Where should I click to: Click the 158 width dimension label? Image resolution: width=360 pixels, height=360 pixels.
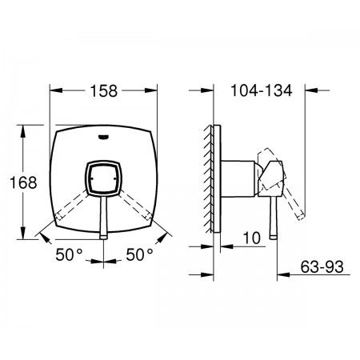104,90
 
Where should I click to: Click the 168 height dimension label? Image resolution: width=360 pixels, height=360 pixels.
23,182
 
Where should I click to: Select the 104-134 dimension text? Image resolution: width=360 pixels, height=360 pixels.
262,90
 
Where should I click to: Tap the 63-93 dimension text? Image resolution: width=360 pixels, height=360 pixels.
322,266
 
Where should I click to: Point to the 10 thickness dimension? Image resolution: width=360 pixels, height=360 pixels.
252,238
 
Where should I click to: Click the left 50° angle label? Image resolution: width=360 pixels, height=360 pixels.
70,254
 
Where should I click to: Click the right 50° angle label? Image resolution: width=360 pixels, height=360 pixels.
139,254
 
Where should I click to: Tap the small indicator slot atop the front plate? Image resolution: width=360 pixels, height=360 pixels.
103,137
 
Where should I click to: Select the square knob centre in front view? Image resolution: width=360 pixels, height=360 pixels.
103,178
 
